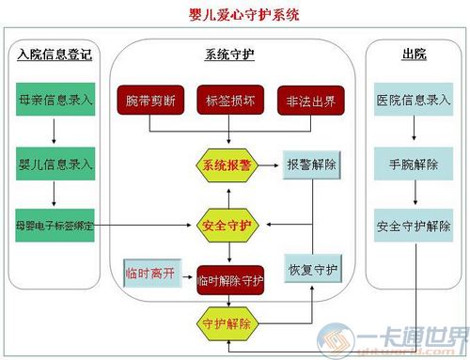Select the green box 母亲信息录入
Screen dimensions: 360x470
55,100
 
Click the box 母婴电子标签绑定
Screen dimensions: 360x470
55,226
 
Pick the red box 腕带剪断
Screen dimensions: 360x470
150,101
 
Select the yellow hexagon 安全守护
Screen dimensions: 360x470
227,226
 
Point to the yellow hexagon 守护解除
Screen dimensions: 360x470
227,322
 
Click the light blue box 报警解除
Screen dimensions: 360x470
312,164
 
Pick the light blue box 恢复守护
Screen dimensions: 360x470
312,270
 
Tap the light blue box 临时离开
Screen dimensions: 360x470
150,274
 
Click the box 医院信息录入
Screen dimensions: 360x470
414,100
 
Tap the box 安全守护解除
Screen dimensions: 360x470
414,226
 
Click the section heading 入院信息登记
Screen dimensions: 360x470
55,55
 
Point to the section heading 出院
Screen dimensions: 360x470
414,55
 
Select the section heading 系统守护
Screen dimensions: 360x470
229,55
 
